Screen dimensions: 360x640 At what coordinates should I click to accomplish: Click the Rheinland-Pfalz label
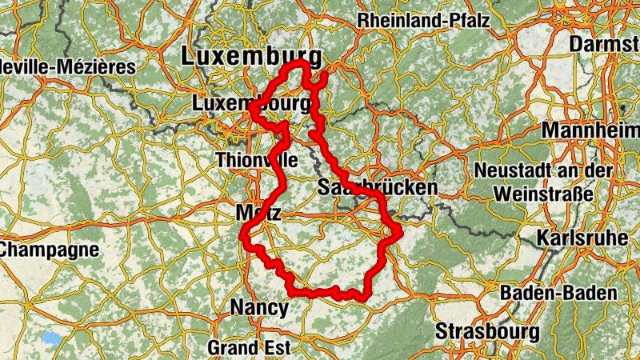point(424,21)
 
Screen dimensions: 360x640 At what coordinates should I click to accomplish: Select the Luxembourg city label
point(251,104)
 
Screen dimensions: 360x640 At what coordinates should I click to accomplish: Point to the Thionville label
point(255,159)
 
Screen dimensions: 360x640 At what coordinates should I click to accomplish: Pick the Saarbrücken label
point(378,188)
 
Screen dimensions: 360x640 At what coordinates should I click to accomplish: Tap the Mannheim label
point(590,130)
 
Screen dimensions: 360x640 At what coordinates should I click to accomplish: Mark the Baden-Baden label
point(558,293)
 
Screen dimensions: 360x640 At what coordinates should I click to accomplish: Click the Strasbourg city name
point(488,330)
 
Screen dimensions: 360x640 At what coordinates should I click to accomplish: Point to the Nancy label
point(258,306)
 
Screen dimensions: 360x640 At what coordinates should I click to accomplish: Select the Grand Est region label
point(248,348)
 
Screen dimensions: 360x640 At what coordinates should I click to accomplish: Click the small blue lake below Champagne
point(52,338)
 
